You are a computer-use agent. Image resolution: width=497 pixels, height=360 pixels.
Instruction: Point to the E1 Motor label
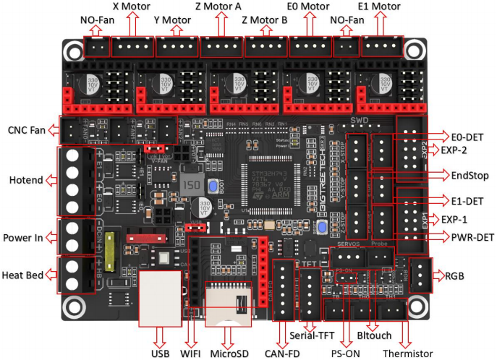[x=388, y=7]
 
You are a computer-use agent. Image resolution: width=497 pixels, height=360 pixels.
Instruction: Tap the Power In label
[x=23, y=237]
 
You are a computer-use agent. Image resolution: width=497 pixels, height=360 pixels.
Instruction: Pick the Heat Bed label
[x=24, y=275]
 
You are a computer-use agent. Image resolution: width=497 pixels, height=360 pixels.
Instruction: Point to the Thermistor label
[x=408, y=353]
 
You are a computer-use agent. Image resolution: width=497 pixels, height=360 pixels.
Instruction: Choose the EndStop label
[x=468, y=175]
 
